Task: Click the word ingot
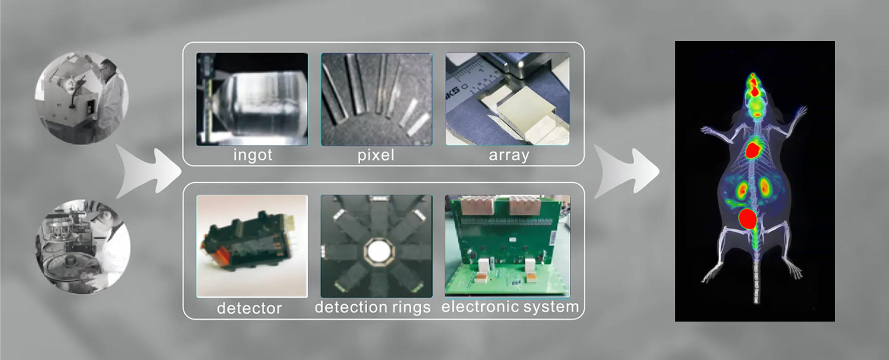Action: (x=253, y=155)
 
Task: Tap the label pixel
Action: (x=376, y=155)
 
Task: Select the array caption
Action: (x=509, y=155)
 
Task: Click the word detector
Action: (x=249, y=308)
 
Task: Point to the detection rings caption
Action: (x=373, y=307)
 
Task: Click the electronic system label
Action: (x=510, y=307)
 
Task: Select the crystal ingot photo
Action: (x=252, y=99)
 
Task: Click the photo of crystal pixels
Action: (x=377, y=99)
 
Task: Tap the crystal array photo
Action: (x=508, y=99)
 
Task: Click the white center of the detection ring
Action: (x=377, y=250)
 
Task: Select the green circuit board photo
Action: (x=508, y=246)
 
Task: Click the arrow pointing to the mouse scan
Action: (x=627, y=171)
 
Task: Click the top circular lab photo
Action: (x=82, y=97)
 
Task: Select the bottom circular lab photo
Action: (x=83, y=246)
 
